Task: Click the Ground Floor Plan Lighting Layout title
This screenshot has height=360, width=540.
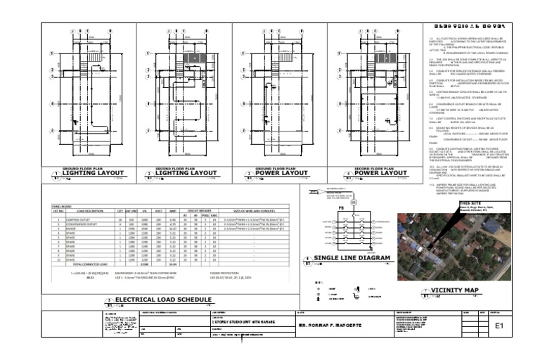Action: click(94, 173)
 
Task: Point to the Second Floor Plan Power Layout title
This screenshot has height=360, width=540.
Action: click(380, 173)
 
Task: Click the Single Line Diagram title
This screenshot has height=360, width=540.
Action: click(351, 259)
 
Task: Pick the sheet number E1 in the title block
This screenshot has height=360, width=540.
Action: click(500, 326)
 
